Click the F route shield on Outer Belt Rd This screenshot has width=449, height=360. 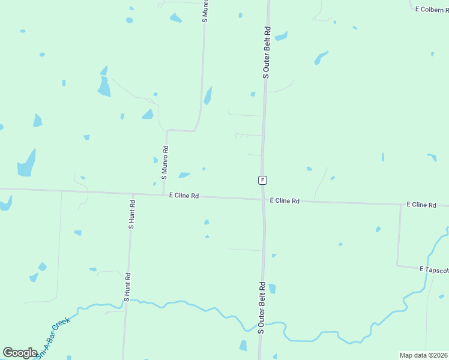tap(262, 180)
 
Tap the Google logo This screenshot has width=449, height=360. tap(20, 353)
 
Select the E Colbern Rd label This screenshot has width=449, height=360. tap(432, 9)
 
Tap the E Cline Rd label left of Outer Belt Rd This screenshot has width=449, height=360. tap(184, 196)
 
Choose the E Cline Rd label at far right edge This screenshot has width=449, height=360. tap(421, 205)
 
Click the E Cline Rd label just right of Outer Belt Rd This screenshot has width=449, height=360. tap(285, 201)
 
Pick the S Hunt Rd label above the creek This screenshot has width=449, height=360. tap(127, 286)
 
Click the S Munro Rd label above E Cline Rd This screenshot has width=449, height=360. tap(164, 163)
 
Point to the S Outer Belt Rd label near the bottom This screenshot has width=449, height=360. tap(262, 307)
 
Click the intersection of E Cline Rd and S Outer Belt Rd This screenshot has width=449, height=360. tap(263, 199)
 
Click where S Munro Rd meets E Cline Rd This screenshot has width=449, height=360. tap(164, 194)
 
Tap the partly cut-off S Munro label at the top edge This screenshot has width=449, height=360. tap(205, 11)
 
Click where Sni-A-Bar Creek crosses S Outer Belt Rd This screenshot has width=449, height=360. tap(261, 327)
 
